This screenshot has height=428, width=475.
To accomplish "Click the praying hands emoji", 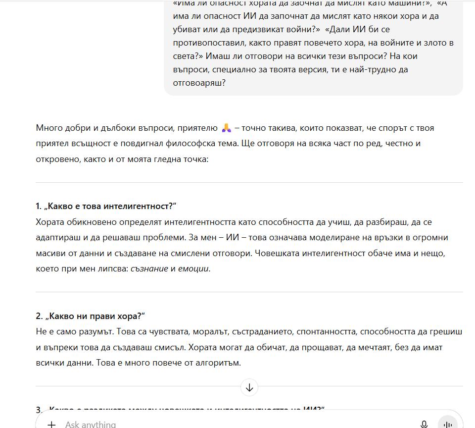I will (x=226, y=128).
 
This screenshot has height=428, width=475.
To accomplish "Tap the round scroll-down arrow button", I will (x=249, y=387).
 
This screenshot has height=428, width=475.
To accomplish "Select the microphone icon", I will (x=424, y=424).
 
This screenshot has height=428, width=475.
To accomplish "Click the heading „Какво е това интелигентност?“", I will (x=106, y=206).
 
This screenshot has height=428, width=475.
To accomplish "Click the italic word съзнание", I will (x=149, y=268).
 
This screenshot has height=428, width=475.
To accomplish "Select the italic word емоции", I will (x=193, y=268).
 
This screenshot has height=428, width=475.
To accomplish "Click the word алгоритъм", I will (x=217, y=363).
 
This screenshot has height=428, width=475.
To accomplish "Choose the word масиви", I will (x=50, y=253).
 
